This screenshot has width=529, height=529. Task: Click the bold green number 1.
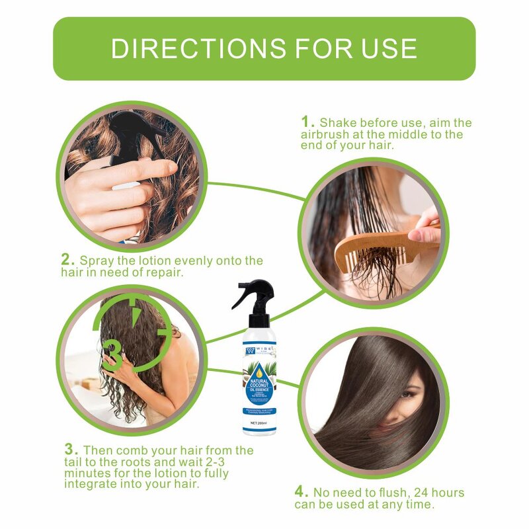click(307, 122)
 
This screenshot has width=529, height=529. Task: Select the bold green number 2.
click(68, 260)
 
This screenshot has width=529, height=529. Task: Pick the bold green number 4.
click(301, 493)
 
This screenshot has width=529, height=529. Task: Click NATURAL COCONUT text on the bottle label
click(260, 385)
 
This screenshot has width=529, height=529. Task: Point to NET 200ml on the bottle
click(259, 422)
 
